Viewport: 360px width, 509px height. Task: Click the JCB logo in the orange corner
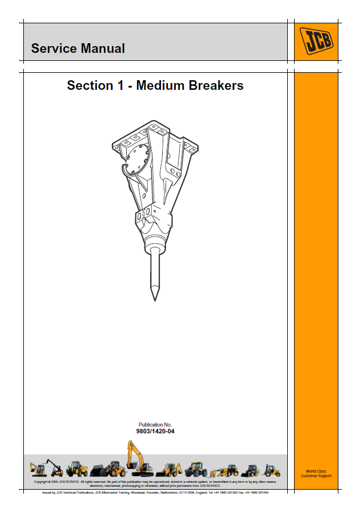[x=317, y=42]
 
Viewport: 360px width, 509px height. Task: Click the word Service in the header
[x=53, y=49]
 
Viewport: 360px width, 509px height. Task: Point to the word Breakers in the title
[x=215, y=86]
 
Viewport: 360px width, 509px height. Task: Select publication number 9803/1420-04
[x=155, y=432]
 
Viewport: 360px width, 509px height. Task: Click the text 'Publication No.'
[x=155, y=425]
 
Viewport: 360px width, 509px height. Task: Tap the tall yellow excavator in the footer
[x=137, y=458]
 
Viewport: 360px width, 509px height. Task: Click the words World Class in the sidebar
[x=316, y=471]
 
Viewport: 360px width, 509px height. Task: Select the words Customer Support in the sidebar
[x=316, y=476]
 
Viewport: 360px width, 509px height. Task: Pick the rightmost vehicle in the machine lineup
[x=272, y=470]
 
